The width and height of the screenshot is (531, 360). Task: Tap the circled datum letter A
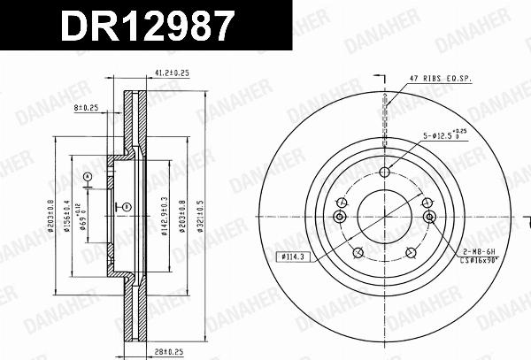87,177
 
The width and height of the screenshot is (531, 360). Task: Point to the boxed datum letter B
127,208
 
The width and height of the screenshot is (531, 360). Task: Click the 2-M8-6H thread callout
479,252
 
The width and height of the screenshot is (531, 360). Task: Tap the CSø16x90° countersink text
485,263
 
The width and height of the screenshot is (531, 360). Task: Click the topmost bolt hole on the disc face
385,172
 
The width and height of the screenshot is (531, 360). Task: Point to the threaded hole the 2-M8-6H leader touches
429,218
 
